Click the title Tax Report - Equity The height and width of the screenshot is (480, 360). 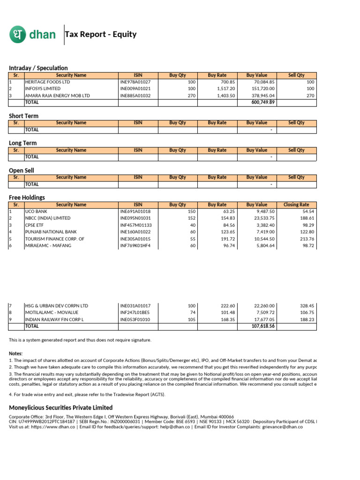click(x=101, y=34)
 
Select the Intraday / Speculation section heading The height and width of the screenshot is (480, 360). click(x=38, y=68)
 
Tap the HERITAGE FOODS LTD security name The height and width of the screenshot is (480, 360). click(x=47, y=82)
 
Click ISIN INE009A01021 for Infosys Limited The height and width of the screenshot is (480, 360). click(x=135, y=89)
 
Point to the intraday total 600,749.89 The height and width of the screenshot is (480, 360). click(x=263, y=102)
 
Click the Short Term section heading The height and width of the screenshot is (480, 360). click(x=23, y=116)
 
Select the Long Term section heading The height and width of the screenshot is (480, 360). click(x=22, y=143)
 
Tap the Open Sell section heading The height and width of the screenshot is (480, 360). click(x=22, y=170)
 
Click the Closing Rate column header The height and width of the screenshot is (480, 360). click(x=296, y=204)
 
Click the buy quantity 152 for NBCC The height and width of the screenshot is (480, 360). click(x=191, y=218)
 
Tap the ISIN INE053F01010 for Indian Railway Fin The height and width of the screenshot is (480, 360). click(x=135, y=319)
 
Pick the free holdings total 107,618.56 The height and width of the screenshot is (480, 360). click(x=263, y=326)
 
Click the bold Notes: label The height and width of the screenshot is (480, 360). click(x=16, y=353)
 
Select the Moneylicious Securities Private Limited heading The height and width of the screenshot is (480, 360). click(x=60, y=407)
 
